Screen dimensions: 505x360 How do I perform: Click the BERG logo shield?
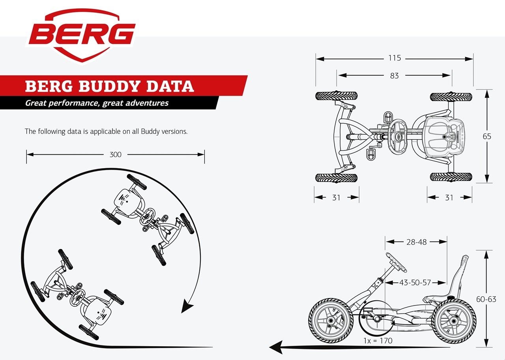pos(82,36)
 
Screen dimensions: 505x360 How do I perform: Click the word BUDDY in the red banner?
pos(109,86)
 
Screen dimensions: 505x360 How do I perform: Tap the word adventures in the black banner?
pos(147,103)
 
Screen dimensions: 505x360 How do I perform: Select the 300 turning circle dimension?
pos(116,154)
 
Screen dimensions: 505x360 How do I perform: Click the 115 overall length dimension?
pos(395,58)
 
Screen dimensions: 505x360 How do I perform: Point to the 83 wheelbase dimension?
pos(394,75)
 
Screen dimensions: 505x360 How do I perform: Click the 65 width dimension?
pos(487,136)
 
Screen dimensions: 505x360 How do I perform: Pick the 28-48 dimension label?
pos(416,242)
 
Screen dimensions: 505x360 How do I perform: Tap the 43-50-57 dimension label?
pos(415,282)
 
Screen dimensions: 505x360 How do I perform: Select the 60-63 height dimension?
pos(486,299)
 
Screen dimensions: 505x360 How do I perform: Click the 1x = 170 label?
pos(378,341)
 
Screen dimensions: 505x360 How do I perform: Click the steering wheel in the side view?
pos(396,262)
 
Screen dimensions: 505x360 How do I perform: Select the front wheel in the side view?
pos(331,320)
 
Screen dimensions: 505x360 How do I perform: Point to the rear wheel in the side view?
pos(454,321)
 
